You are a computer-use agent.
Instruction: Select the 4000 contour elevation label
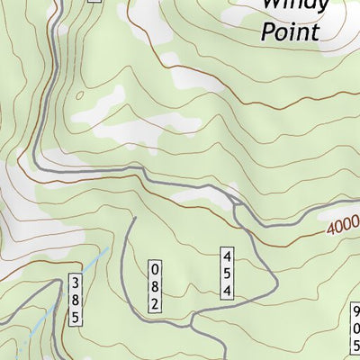click(x=343, y=226)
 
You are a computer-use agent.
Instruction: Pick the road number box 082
click(x=155, y=286)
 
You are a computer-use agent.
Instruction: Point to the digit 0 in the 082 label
click(x=155, y=270)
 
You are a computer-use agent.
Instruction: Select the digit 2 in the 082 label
click(x=155, y=303)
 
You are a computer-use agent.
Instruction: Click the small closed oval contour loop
click(x=78, y=94)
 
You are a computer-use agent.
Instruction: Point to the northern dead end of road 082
click(x=133, y=219)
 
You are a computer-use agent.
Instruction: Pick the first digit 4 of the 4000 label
click(x=330, y=229)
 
